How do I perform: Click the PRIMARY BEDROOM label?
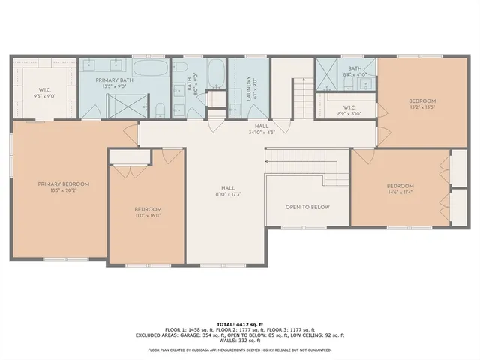click(64, 184)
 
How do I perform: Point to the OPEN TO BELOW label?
click(307, 207)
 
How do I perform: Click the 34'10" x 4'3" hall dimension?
click(261, 133)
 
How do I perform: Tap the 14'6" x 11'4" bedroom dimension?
click(400, 192)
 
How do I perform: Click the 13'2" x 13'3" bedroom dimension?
click(421, 106)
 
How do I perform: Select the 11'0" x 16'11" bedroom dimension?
click(148, 215)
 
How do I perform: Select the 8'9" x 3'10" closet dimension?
click(349, 113)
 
